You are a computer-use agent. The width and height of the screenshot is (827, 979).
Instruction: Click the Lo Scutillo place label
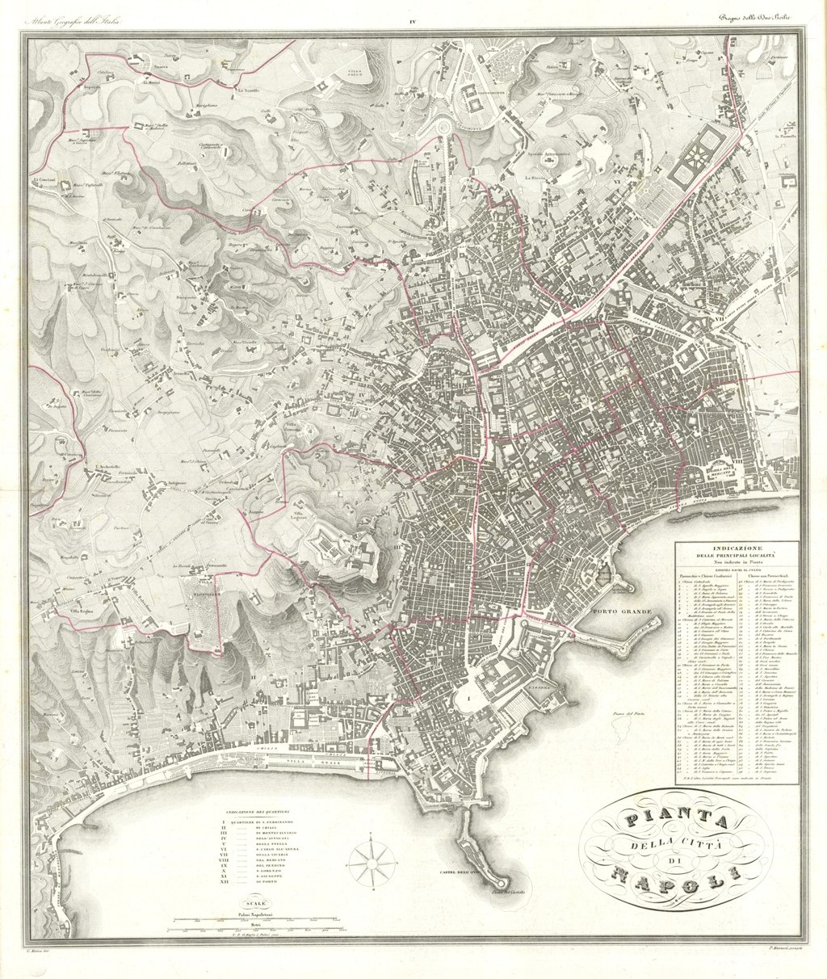pos(248,91)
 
